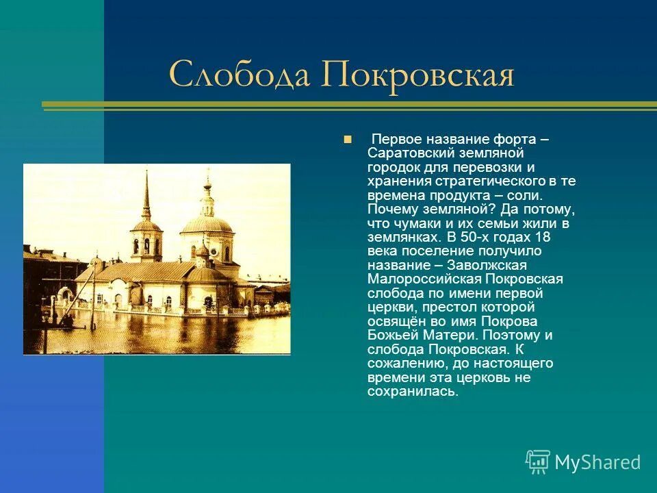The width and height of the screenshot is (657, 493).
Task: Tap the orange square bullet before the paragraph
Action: point(348,139)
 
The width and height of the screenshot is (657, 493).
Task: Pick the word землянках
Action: point(400,238)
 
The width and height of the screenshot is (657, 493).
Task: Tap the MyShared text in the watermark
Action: point(597,462)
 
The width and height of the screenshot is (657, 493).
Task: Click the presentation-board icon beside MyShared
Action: point(538,462)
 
